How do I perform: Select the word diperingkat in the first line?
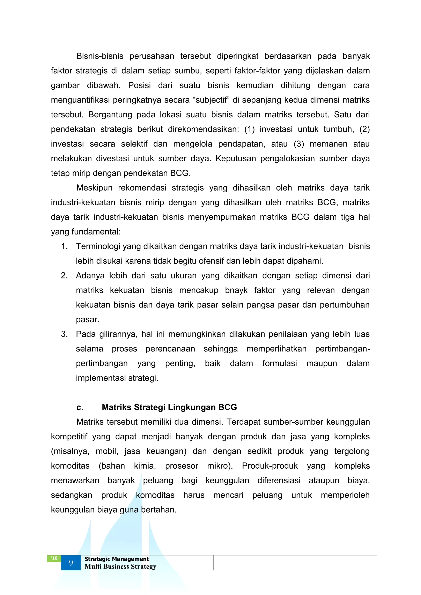tap(237, 56)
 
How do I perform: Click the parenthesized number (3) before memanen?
tap(299, 144)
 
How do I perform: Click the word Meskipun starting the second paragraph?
tap(94, 188)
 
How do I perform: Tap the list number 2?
tap(64, 275)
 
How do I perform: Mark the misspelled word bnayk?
tap(236, 290)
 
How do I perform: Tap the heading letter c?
tap(80, 407)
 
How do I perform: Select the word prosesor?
tap(182, 466)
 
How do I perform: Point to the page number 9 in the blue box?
tap(71, 563)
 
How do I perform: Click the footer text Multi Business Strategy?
tap(120, 566)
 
